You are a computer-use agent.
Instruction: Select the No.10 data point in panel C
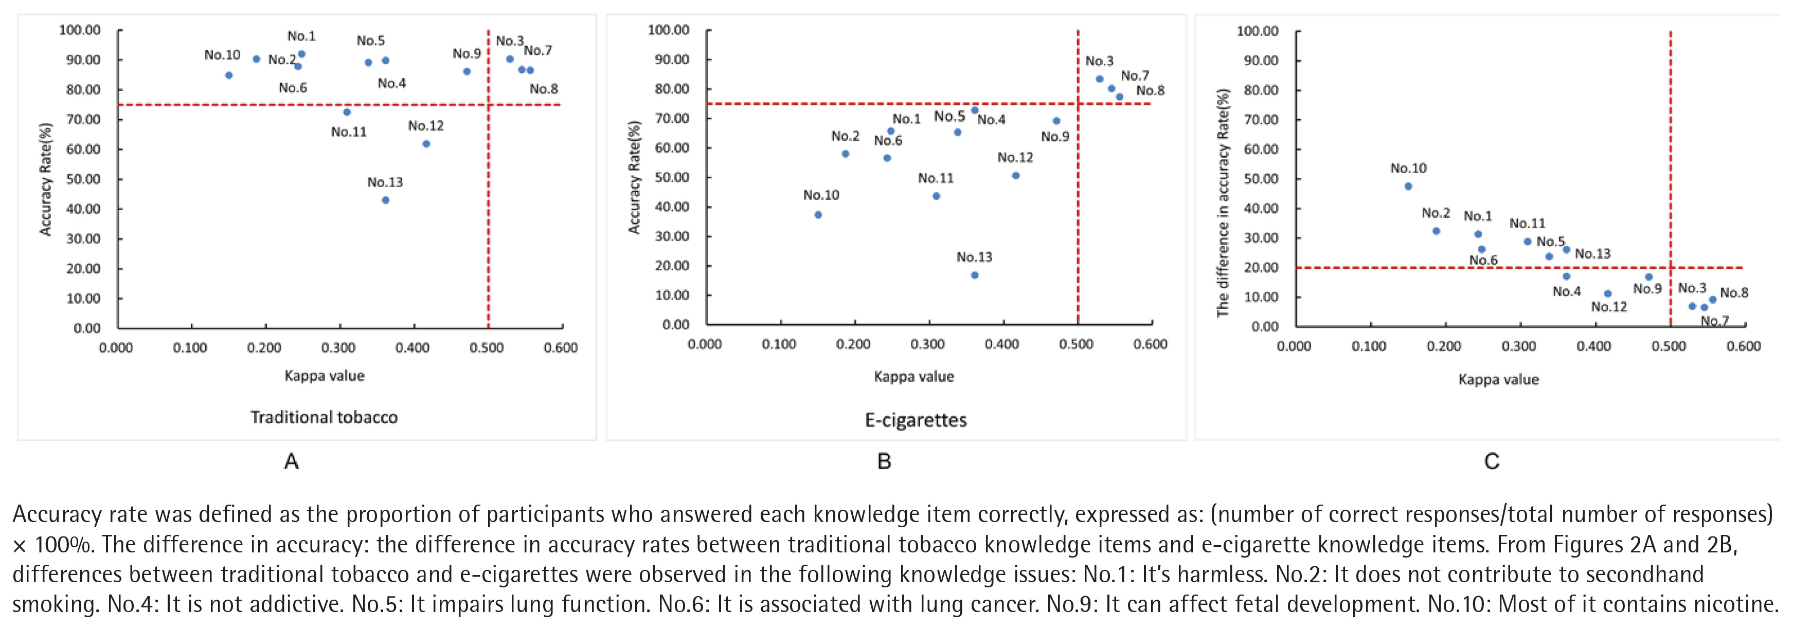1408,187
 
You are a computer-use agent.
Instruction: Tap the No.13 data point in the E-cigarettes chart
975,275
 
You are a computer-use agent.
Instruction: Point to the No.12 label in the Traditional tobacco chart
426,126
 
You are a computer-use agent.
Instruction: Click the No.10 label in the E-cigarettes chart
821,195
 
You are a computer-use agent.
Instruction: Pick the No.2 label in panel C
1436,213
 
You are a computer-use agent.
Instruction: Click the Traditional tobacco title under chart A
325,417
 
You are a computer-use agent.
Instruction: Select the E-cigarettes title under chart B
916,420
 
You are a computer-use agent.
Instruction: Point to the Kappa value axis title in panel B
914,376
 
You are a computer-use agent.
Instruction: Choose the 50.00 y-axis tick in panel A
83,179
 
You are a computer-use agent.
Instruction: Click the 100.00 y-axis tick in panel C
1257,31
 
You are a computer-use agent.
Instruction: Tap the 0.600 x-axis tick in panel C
1743,346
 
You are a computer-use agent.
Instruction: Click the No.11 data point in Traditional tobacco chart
347,112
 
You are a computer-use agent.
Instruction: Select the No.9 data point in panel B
1056,121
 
